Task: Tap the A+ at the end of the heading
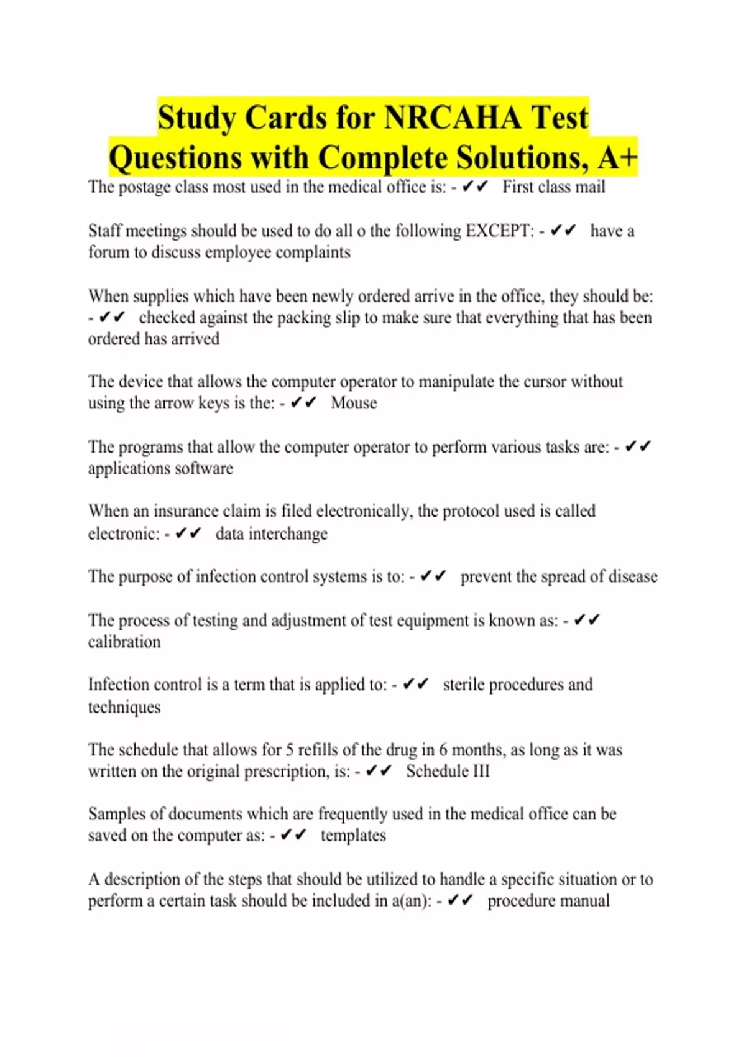pos(617,157)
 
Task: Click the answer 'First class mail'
pos(553,187)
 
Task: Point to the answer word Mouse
pos(354,403)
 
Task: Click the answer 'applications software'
pos(160,468)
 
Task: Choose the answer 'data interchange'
pos(271,533)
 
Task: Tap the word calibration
pos(124,642)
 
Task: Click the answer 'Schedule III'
pos(448,771)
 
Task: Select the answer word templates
pos(353,835)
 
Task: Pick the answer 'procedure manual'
pos(548,900)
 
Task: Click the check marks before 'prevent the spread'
pos(433,576)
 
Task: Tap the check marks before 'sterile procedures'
pos(416,685)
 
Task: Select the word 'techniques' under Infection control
pos(124,707)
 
